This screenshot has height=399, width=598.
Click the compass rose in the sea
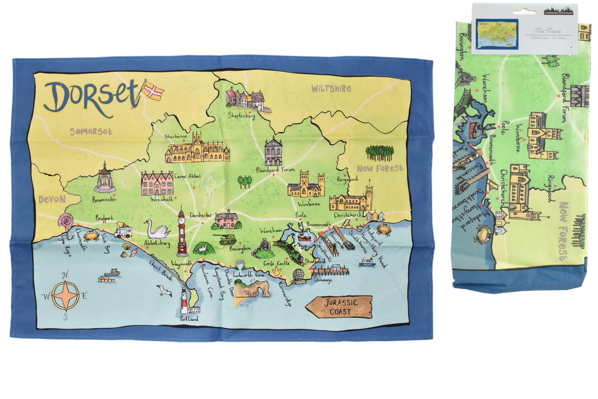66,296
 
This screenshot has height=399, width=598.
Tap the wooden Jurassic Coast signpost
339,307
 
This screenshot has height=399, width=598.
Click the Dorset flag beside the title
153,90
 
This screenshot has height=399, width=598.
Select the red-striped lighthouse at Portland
184,301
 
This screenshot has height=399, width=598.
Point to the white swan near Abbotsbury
156,229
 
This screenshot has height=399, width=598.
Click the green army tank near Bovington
225,239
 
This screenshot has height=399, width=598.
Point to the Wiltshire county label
331,89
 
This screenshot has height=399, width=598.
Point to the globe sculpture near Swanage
299,275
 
